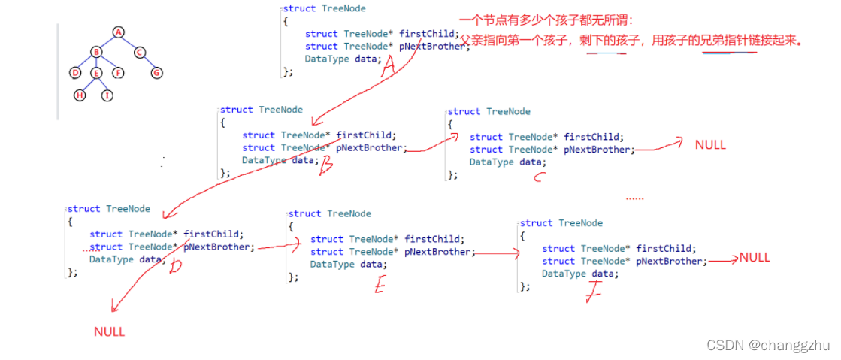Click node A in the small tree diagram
pos(118,32)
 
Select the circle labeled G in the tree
pos(156,73)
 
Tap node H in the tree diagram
pos(80,95)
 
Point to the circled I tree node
pos(107,95)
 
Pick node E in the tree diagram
pos(95,73)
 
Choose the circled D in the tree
pos(74,73)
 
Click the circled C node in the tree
pos(140,52)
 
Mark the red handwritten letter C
pos(538,178)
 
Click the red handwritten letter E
pos(380,285)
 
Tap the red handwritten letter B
pos(325,167)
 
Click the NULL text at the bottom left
pos(109,331)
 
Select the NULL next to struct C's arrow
pos(710,144)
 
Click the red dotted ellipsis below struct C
pos(634,198)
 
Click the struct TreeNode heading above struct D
pos(108,209)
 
